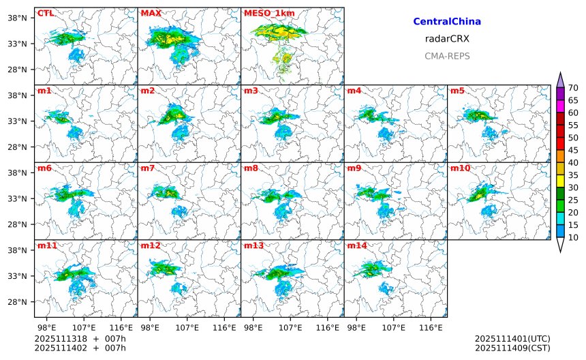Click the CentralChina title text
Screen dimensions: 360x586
point(447,22)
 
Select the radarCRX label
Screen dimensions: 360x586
point(447,39)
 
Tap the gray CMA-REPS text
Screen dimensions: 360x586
point(447,56)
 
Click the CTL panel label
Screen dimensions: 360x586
point(46,13)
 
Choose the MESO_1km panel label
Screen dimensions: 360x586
point(264,13)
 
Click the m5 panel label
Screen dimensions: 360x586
point(457,91)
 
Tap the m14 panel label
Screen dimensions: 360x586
point(356,245)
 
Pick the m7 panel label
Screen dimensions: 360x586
point(147,168)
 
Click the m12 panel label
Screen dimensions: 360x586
point(150,245)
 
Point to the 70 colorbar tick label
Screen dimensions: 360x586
point(573,87)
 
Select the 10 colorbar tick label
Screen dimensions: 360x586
point(573,237)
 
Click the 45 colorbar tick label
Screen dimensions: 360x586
point(573,150)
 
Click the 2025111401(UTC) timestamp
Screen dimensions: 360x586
point(512,338)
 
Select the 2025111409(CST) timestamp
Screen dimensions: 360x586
point(512,348)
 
